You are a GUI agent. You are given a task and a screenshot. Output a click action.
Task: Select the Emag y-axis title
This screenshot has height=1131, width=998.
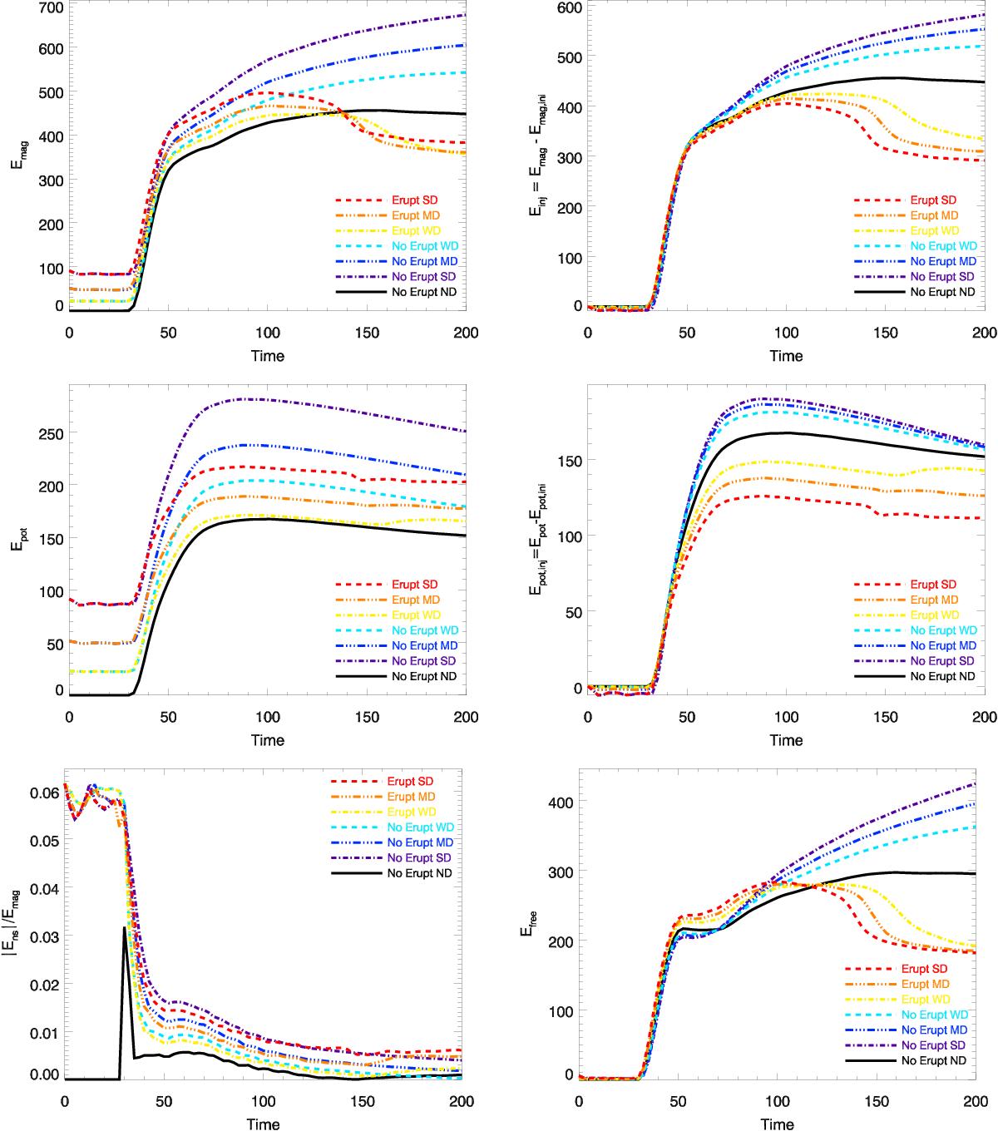[x=17, y=158]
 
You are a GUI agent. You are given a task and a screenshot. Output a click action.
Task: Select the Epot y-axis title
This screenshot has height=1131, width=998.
[x=17, y=542]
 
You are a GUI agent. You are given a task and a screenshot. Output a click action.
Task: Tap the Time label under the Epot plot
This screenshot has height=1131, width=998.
[x=267, y=740]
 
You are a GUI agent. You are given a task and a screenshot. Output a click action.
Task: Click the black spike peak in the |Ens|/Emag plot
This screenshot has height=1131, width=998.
[x=124, y=927]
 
